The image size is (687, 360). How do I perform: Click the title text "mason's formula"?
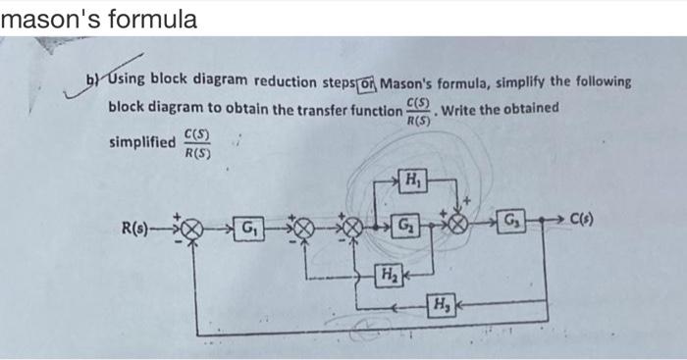tap(99, 18)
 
